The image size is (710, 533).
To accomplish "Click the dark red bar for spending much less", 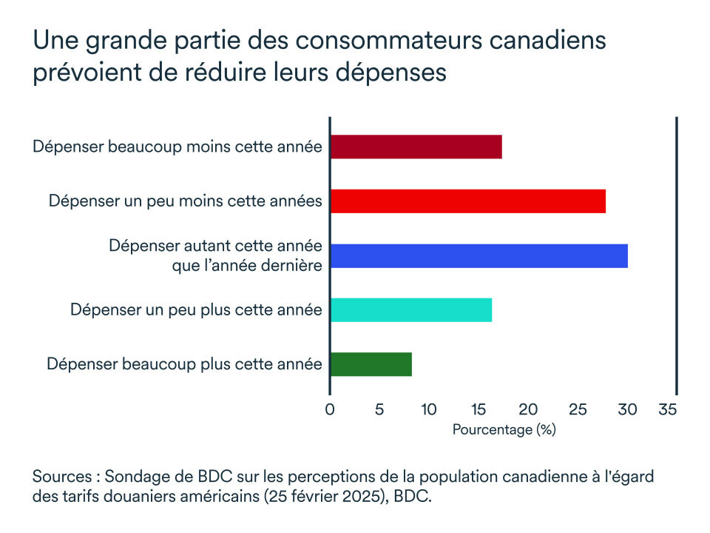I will click(x=416, y=147).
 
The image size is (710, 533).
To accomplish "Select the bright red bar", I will click(x=467, y=201).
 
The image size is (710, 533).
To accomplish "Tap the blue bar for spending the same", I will click(x=479, y=255).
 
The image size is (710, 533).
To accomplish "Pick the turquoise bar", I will click(x=410, y=309).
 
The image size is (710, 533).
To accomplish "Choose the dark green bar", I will click(x=371, y=364).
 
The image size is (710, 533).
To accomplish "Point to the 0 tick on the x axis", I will click(x=330, y=409).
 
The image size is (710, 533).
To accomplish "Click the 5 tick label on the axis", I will click(x=379, y=409).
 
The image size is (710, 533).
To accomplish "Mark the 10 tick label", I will click(x=428, y=409).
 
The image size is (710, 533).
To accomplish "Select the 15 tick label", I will click(x=478, y=409).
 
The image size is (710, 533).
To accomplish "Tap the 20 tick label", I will click(x=527, y=409).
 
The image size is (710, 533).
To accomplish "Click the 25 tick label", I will click(x=577, y=409).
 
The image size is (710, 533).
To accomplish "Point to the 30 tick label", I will click(x=626, y=409).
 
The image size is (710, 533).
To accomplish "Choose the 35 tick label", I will click(x=667, y=409).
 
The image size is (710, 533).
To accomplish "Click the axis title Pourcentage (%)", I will click(x=504, y=429).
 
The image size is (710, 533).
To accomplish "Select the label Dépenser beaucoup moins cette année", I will click(x=177, y=147).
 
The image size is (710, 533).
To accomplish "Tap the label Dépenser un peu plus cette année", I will click(x=196, y=309).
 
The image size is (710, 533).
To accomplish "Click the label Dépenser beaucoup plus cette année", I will click(x=184, y=364).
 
